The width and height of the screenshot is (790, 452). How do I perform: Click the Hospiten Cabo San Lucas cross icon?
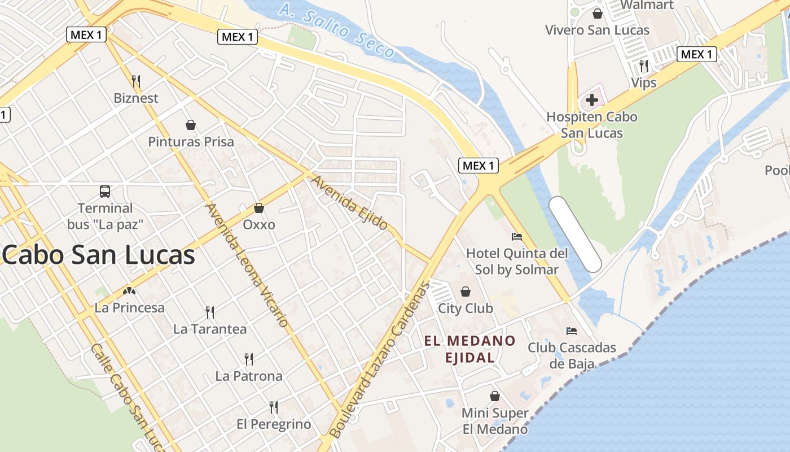[x=591, y=101]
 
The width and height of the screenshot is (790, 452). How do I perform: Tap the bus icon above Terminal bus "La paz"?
[x=105, y=191]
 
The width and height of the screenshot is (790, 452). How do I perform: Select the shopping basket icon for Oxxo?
[x=259, y=208]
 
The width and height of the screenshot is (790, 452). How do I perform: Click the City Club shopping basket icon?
[x=466, y=292]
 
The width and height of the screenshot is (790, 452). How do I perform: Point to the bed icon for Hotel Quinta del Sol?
[x=516, y=236]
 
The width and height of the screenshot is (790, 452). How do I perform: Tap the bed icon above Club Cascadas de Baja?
[x=572, y=331]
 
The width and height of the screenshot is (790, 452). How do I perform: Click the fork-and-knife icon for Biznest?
[x=136, y=81]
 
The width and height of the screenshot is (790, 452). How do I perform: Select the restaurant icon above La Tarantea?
[x=210, y=312]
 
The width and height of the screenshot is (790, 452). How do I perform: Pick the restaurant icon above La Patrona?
[x=249, y=359]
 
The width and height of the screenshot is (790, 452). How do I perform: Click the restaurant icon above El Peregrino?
[x=274, y=407]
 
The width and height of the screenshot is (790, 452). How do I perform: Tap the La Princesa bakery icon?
[x=130, y=292]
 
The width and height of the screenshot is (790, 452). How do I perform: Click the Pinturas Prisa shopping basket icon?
[x=191, y=124]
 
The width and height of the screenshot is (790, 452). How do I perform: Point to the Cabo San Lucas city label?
[x=99, y=255]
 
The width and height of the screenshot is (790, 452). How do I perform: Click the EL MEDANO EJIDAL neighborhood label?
[x=470, y=349]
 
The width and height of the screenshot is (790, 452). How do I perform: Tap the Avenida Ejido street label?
[x=349, y=203]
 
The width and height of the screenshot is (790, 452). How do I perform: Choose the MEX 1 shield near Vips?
[x=697, y=54]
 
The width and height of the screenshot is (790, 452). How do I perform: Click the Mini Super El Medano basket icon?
[x=495, y=396]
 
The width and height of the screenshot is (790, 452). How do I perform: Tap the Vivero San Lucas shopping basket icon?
[x=597, y=13]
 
